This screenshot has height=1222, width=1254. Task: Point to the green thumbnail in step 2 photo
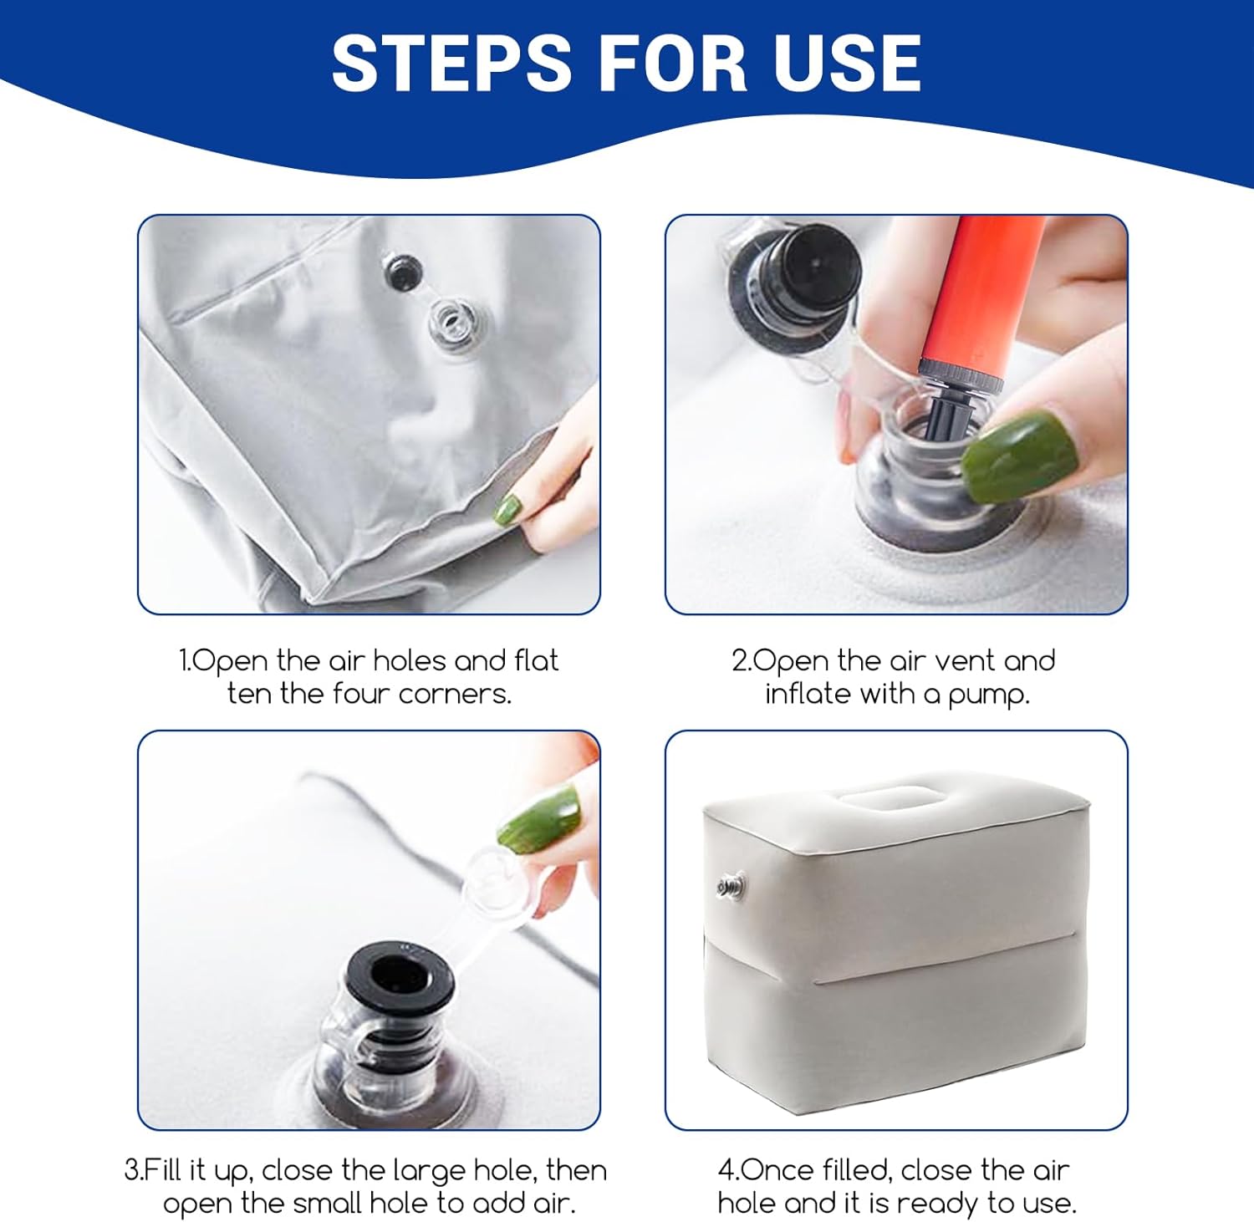click(x=1017, y=456)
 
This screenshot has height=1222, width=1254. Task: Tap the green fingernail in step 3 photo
click(x=539, y=819)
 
